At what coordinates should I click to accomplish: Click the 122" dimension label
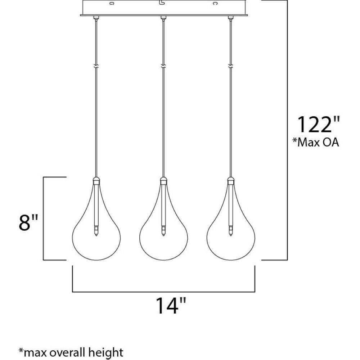[x=318, y=124]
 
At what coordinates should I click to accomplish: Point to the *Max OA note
[x=316, y=142]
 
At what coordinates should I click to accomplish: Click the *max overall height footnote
[x=71, y=352]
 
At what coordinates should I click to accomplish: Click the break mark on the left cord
[x=96, y=66]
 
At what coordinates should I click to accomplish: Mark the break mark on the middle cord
[x=163, y=66]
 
